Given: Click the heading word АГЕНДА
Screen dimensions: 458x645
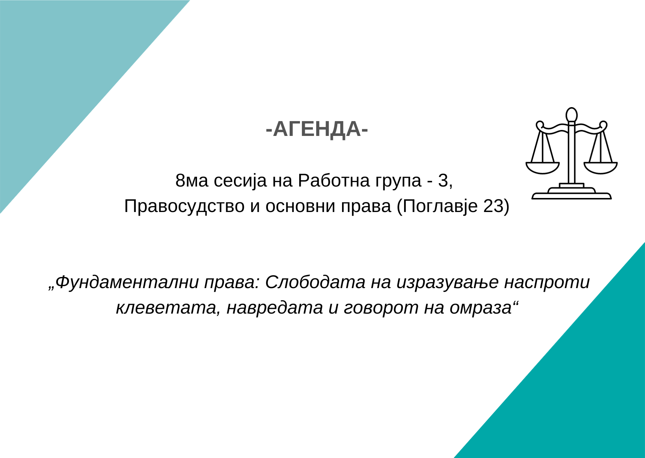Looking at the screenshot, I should coord(317,129).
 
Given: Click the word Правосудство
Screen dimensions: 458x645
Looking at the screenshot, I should coord(184,206).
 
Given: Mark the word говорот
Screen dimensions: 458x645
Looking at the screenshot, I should coord(381,308).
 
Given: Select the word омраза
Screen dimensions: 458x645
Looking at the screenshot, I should coord(480,308).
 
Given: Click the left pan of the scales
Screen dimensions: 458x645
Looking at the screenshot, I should coord(542,168).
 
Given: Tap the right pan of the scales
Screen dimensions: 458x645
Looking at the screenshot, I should coord(601,168).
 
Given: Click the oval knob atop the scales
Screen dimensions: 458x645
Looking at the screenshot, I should coord(572,115).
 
